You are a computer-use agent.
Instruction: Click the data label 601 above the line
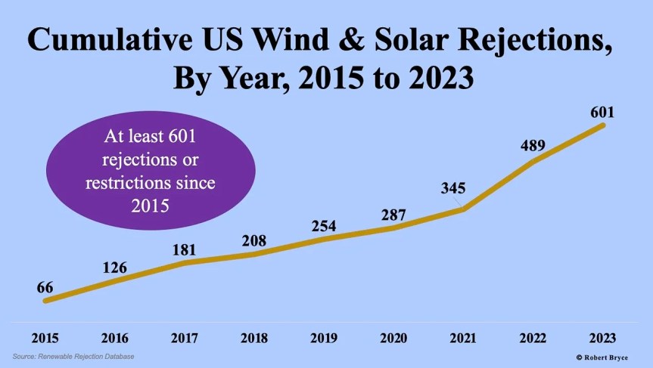602,113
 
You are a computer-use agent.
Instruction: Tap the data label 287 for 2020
393,214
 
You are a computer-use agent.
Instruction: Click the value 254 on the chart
324,225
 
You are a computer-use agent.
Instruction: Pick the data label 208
253,241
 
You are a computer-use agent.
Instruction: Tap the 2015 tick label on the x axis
45,337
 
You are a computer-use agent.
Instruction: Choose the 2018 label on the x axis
253,337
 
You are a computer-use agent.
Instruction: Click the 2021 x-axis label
463,337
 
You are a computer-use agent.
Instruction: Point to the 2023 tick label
602,337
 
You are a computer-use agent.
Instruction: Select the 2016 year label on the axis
114,337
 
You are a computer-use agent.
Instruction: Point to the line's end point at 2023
603,125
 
